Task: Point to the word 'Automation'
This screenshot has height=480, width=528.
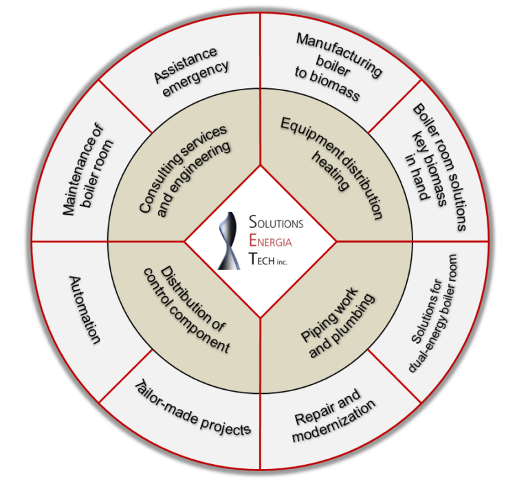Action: [86, 310]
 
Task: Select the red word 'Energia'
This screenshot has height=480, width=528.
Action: [275, 242]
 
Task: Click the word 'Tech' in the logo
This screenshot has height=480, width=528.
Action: [265, 260]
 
